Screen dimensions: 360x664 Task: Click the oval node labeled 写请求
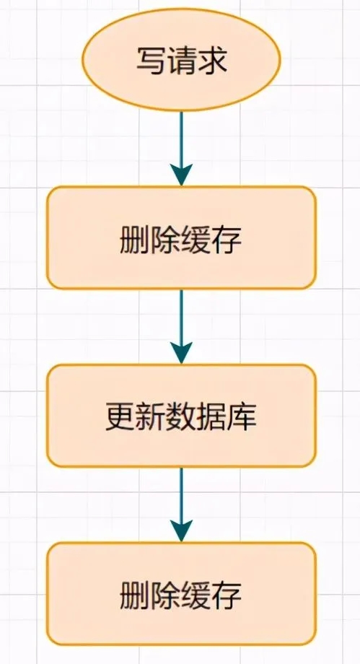coord(181,60)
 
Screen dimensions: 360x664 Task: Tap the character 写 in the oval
coord(151,61)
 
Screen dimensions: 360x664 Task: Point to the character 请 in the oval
coord(181,61)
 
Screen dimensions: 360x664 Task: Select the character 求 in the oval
coord(212,61)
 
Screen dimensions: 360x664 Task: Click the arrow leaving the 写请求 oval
coord(181,149)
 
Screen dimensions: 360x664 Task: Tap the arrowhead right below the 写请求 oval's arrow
coord(181,175)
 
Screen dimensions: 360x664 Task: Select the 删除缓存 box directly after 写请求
coord(181,237)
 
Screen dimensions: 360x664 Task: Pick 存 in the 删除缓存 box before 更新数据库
coord(227,240)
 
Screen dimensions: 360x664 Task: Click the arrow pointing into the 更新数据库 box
coord(181,326)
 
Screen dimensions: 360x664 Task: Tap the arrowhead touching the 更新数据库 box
coord(181,353)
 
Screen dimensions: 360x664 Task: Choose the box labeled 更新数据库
coord(181,416)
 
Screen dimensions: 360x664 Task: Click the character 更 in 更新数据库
coord(120,417)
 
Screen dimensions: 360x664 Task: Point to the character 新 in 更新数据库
coord(150,417)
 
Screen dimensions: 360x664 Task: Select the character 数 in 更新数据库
coord(181,417)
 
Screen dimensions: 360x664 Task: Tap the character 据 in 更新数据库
coord(212,417)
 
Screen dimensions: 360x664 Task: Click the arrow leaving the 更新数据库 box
coord(181,504)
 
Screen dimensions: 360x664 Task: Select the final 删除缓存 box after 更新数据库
coord(181,594)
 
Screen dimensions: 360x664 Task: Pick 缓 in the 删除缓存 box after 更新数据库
coord(196,595)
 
